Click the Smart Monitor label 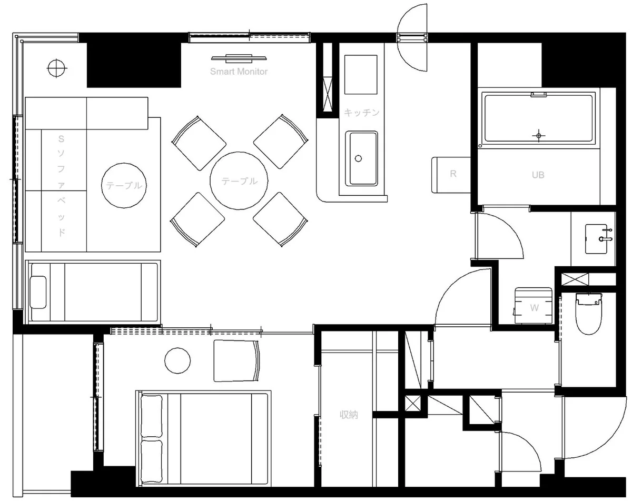pyautogui.click(x=239, y=72)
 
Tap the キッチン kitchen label pyautogui.click(x=361, y=113)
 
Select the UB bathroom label pyautogui.click(x=538, y=175)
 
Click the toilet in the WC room pyautogui.click(x=588, y=313)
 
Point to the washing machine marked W pyautogui.click(x=533, y=305)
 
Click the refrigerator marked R pyautogui.click(x=451, y=175)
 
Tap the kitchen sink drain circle pyautogui.click(x=358, y=158)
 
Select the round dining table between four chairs pyautogui.click(x=239, y=180)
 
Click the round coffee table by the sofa pyautogui.click(x=124, y=185)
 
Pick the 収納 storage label pyautogui.click(x=349, y=415)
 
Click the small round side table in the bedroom pyautogui.click(x=177, y=360)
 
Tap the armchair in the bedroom pyautogui.click(x=236, y=360)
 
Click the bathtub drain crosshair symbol pyautogui.click(x=539, y=136)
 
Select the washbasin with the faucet pyautogui.click(x=598, y=239)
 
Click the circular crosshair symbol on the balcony pyautogui.click(x=56, y=68)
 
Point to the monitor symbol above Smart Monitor pyautogui.click(x=239, y=58)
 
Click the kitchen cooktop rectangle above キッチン pyautogui.click(x=361, y=75)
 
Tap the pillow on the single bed pyautogui.click(x=38, y=292)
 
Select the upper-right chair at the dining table pyautogui.click(x=281, y=142)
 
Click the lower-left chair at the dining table pyautogui.click(x=197, y=220)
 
